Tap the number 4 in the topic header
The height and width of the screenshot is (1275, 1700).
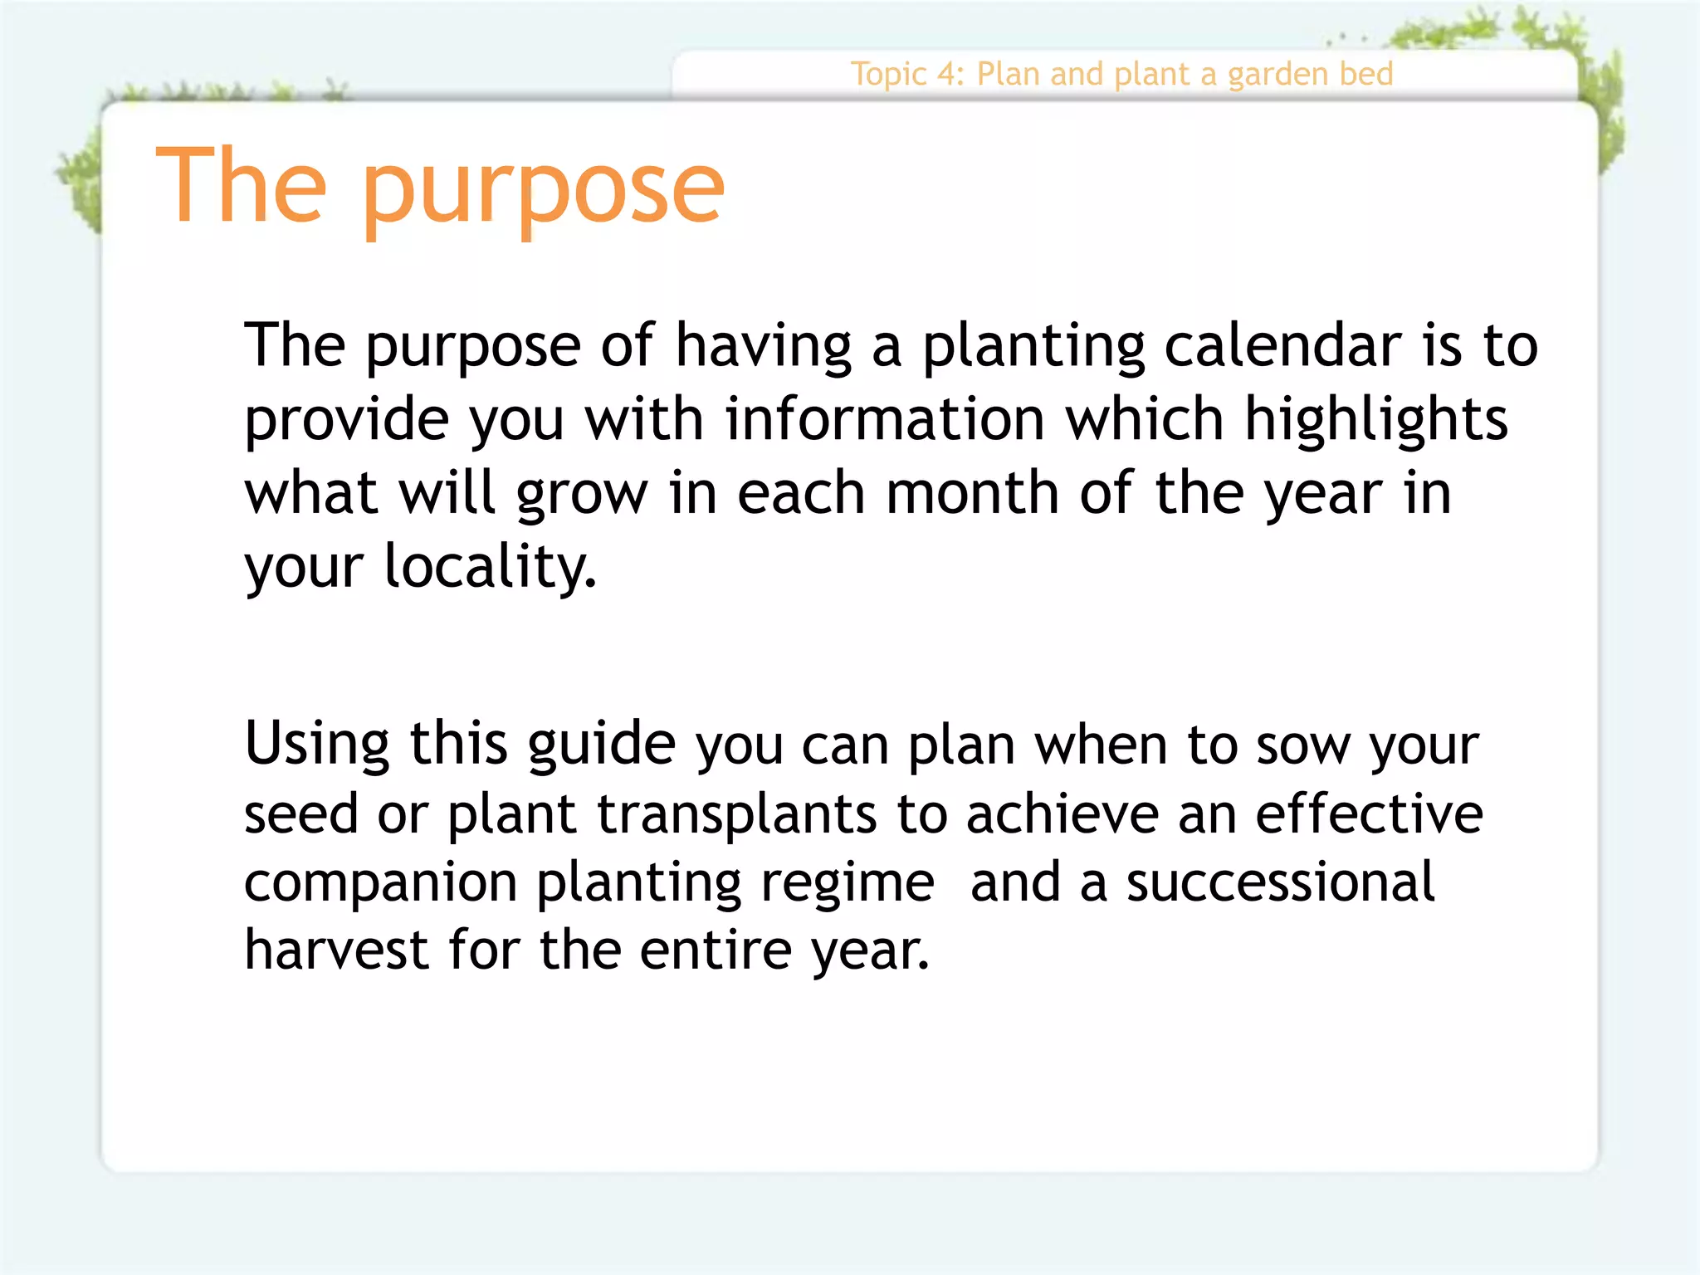coord(947,75)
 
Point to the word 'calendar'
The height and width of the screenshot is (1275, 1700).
coord(1283,345)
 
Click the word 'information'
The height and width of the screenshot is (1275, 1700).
coord(885,418)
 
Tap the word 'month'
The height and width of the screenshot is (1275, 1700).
coord(973,492)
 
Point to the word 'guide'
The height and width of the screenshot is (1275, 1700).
coord(602,745)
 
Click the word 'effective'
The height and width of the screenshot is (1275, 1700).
coord(1369,813)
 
